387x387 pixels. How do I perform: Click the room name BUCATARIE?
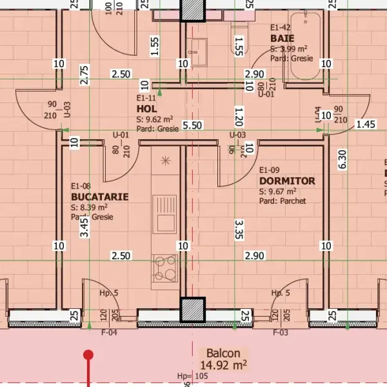pyautogui.click(x=99, y=197)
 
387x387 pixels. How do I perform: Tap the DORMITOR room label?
pyautogui.click(x=287, y=181)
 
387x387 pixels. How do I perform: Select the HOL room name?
pyautogui.click(x=146, y=109)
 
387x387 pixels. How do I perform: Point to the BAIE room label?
pyautogui.click(x=282, y=39)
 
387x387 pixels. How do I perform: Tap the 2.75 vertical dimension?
pyautogui.click(x=84, y=75)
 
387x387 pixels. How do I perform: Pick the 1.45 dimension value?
pyautogui.click(x=365, y=124)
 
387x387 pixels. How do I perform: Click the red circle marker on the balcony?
pyautogui.click(x=89, y=355)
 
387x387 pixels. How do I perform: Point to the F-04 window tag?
pyautogui.click(x=109, y=333)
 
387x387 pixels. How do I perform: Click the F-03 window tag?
pyautogui.click(x=280, y=333)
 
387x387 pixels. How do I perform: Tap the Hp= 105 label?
pyautogui.click(x=193, y=375)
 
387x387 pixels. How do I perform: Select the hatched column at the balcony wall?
pyautogui.click(x=193, y=310)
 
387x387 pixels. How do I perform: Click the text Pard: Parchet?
pyautogui.click(x=283, y=201)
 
